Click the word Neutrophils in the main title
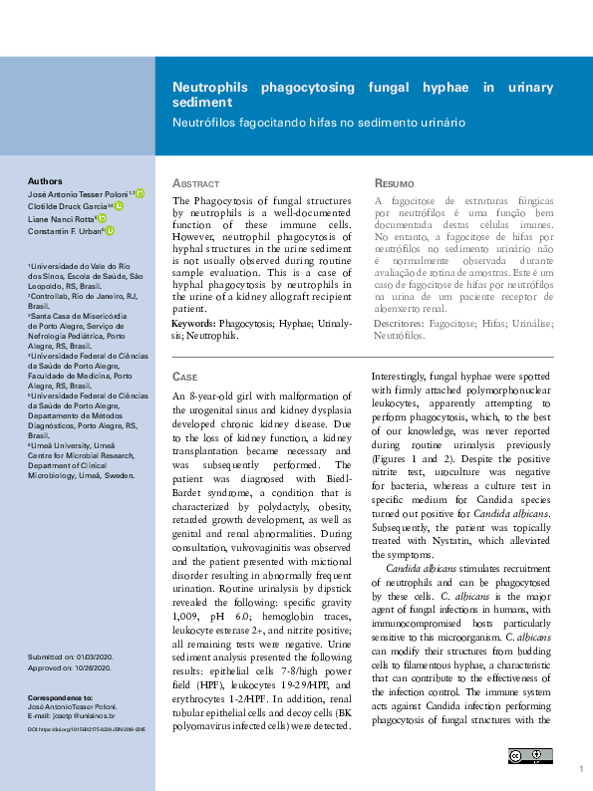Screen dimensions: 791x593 click(211, 88)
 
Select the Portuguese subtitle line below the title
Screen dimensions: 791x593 click(319, 123)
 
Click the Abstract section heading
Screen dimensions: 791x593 click(196, 185)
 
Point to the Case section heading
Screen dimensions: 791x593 click(185, 378)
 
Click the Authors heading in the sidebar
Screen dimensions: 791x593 click(44, 181)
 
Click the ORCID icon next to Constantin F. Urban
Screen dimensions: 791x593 click(110, 231)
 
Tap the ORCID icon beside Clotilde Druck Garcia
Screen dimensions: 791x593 click(119, 206)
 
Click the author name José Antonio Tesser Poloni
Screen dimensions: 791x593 click(76, 193)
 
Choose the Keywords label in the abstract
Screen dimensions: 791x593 click(194, 325)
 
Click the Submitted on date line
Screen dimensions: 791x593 click(72, 658)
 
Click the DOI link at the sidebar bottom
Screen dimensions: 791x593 click(81, 729)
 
